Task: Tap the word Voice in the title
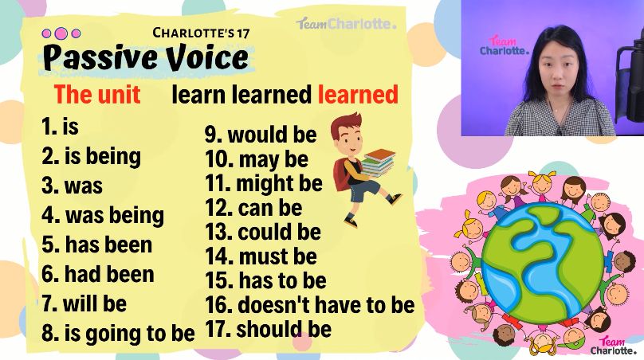coord(207,57)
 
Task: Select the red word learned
coord(358,95)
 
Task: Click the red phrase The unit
coord(97,94)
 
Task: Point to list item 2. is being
coord(91,156)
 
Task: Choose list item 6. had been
coord(98,274)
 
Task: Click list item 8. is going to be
coord(118,333)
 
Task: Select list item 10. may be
coord(257,159)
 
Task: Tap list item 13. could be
coord(263,232)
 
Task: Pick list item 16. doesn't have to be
coord(310,305)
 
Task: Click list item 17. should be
coord(268,329)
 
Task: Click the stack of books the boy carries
coord(378,162)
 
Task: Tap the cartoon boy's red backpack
coord(342,175)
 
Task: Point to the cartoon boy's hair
coord(346,123)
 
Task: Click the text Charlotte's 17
coord(201,33)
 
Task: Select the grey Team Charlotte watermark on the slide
coord(346,23)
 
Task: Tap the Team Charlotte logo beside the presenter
coord(503,46)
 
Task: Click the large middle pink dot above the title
coord(61,33)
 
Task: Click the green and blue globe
coord(542,262)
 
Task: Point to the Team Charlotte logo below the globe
coord(613,345)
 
